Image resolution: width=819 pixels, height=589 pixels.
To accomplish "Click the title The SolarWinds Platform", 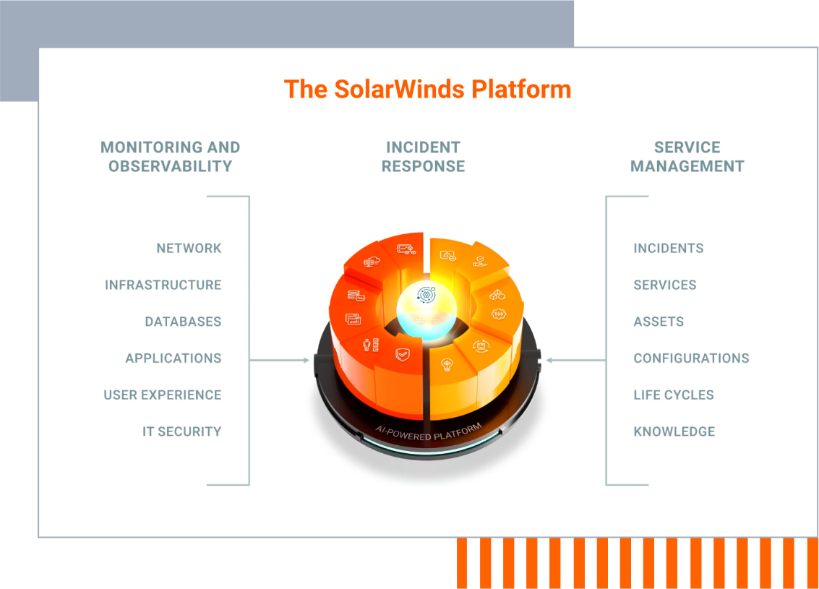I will coord(427,90).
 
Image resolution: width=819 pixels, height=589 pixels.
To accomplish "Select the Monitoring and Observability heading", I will coord(170,157).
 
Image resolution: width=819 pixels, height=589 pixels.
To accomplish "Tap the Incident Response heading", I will coord(423,157).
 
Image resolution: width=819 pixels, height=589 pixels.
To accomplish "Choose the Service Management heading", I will coord(687,157).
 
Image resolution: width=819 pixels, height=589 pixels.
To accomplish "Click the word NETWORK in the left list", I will coord(189,249).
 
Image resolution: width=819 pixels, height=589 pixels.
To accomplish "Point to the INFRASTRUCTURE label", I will coord(163,285).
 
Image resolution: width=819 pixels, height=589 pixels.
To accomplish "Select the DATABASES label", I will coord(183,322).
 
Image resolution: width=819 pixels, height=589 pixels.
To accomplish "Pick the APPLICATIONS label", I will coord(173,358).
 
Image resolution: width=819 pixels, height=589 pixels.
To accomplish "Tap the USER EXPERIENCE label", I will coord(163,395).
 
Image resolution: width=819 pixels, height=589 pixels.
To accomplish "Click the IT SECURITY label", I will coord(181,432).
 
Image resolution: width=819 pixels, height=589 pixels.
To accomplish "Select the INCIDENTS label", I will coord(668,249).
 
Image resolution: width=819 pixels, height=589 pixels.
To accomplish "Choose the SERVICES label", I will coord(664,285).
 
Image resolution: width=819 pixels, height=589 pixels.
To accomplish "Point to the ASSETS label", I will coord(659,322).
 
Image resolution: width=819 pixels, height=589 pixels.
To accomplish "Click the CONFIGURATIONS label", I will coord(691,358).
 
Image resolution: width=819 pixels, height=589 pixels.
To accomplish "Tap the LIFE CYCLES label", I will coord(674,395).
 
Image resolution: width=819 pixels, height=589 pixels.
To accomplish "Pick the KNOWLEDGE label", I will coord(674,432).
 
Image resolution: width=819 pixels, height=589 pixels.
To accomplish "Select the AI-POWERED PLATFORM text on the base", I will coord(428,432).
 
